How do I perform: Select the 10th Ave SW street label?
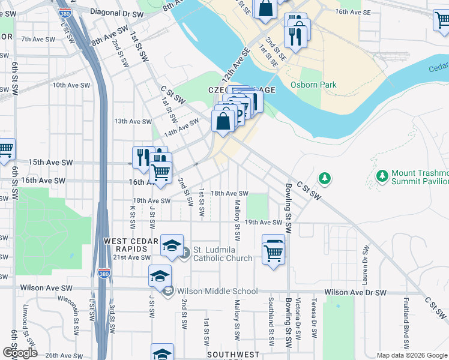pyautogui.click(x=71, y=85)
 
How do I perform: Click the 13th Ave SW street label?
pyautogui.click(x=133, y=121)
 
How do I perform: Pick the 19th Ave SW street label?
pyautogui.click(x=263, y=222)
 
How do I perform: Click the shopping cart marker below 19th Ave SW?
pyautogui.click(x=273, y=251)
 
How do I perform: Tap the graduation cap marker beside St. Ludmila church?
pyautogui.click(x=172, y=246)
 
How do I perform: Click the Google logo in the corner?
pyautogui.click(x=19, y=353)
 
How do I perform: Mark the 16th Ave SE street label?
pyautogui.click(x=349, y=11)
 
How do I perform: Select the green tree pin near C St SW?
pyautogui.click(x=325, y=178)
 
